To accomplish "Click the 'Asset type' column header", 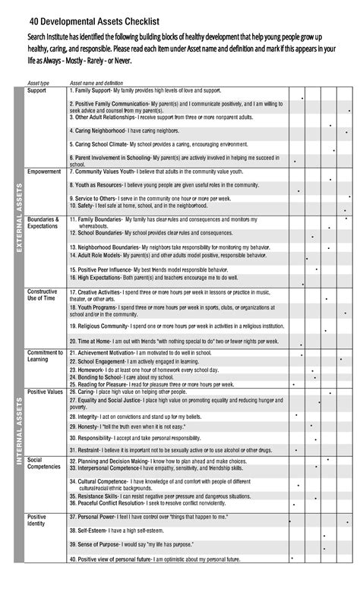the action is click(38, 83).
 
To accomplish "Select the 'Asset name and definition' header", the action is click(96, 83).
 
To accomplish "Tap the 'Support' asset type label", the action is click(36, 90).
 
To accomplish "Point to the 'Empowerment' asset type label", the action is click(44, 172).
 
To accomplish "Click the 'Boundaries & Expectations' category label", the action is click(43, 222).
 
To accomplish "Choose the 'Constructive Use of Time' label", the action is click(45, 296).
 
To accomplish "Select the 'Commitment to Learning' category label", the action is click(45, 357).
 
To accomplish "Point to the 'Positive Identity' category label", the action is click(37, 521).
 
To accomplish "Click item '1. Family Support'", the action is click(90, 90).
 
